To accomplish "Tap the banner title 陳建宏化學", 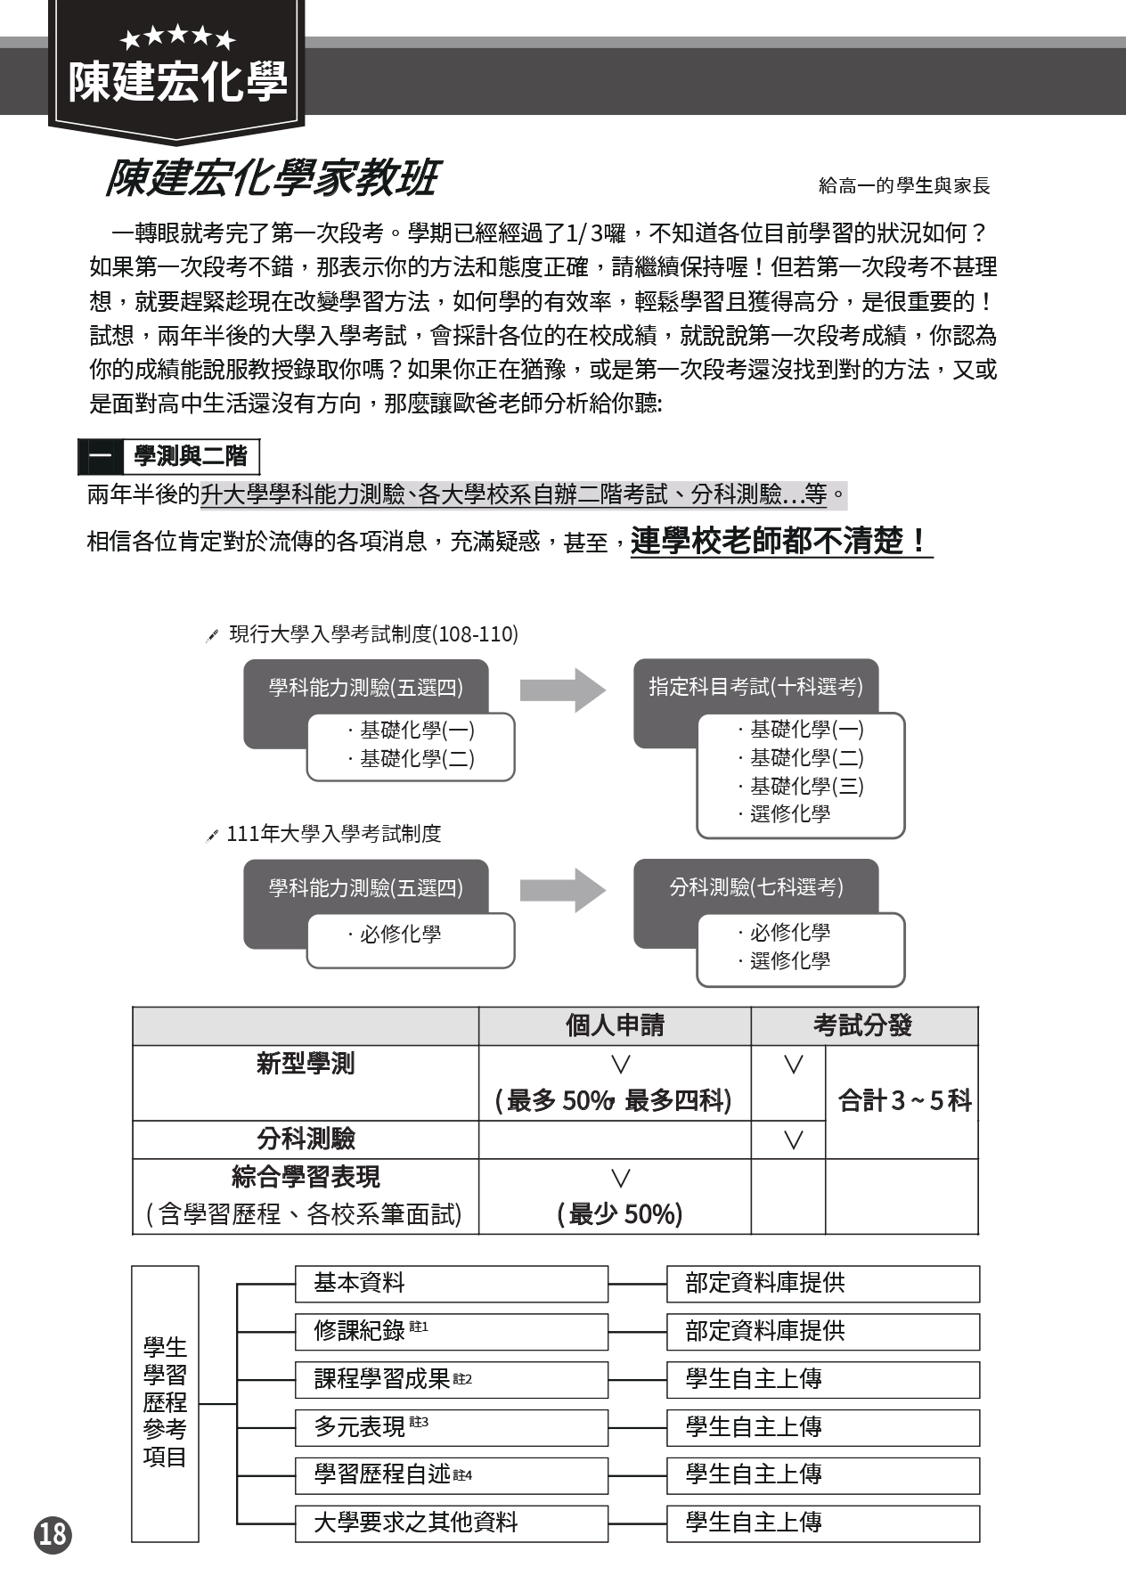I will (x=178, y=82).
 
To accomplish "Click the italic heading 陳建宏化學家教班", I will (x=271, y=178).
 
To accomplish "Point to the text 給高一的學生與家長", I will (x=904, y=185).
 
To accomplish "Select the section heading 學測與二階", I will (x=190, y=456).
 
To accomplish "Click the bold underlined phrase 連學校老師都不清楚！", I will (x=780, y=541).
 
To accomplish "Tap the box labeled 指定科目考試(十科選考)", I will (x=755, y=687).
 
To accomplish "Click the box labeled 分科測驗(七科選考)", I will (x=755, y=887).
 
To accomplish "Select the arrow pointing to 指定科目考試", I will (x=562, y=690).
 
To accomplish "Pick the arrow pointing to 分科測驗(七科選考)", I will (x=562, y=890).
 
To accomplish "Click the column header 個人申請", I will (x=615, y=1025).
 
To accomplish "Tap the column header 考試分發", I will (x=862, y=1025).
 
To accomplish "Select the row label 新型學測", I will (x=306, y=1064).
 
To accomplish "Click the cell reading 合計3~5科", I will (x=903, y=1101).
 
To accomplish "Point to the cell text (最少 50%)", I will (x=620, y=1213).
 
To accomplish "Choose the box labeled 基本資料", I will (x=452, y=1284).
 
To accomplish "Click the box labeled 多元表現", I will (x=452, y=1427).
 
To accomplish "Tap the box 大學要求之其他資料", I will (x=452, y=1523).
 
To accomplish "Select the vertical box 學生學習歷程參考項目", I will (x=165, y=1402).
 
